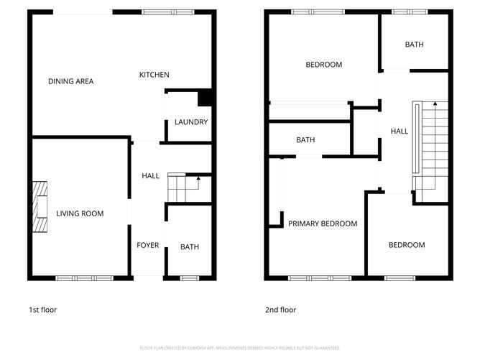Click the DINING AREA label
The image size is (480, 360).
pos(70,81)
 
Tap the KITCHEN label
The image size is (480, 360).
pos(154,75)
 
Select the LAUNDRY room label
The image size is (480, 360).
pos(191,122)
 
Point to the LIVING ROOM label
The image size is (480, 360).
pos(80,213)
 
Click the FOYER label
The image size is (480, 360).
pos(148,246)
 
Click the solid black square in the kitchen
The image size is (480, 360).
pos(205,97)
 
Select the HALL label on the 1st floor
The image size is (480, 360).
pos(151,176)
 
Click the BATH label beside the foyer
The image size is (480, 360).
pos(190,247)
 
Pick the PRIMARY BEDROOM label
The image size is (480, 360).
pos(323,223)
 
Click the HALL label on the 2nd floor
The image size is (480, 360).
pos(400,131)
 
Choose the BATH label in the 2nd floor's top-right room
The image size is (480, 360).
pos(414,45)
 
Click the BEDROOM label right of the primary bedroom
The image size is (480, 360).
pos(407,245)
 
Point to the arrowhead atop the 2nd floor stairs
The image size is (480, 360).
pos(434,104)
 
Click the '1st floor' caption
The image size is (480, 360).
pos(42,310)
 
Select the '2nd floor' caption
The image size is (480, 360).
pos(281,310)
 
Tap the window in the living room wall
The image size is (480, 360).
pos(84,277)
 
